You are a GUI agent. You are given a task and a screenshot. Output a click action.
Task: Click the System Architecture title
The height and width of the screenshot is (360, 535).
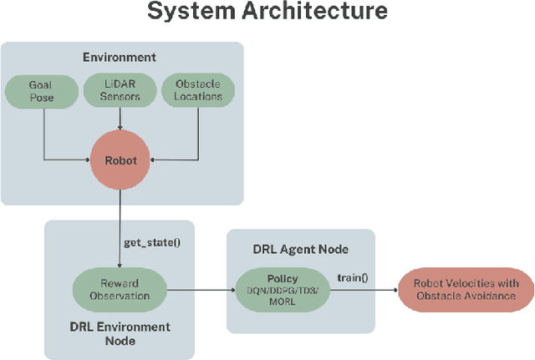(267, 12)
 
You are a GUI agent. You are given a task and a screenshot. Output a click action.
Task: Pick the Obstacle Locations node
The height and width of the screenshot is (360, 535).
(197, 91)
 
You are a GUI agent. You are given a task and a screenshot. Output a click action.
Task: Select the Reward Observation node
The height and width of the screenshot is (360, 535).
(120, 290)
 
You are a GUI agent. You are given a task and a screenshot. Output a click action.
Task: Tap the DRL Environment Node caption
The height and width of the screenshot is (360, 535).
(119, 333)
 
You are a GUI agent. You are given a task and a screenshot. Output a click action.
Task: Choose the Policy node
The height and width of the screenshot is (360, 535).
(283, 290)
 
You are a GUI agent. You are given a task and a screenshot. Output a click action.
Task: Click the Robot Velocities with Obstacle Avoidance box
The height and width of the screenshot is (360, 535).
(466, 290)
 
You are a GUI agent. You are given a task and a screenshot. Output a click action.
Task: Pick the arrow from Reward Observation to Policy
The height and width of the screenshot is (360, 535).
(201, 290)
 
